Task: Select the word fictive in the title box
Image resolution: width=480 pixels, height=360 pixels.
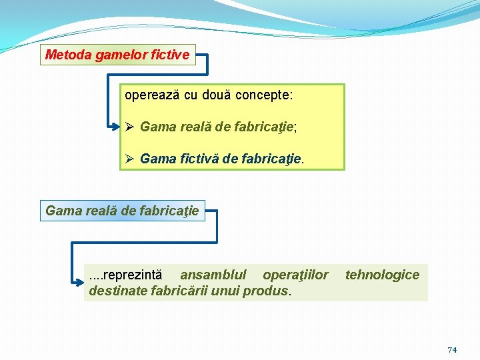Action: click(x=171, y=55)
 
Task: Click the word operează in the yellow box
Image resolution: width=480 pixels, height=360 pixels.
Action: click(x=152, y=95)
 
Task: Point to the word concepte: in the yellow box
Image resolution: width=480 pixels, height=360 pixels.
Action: click(x=264, y=95)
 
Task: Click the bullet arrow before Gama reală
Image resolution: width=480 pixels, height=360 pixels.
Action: click(x=131, y=126)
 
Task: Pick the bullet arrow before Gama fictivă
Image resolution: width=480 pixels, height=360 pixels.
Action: click(x=131, y=159)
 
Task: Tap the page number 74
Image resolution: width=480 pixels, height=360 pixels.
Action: click(x=452, y=350)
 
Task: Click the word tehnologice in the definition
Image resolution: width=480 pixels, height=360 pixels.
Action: click(x=382, y=275)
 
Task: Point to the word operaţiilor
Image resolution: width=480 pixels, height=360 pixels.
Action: click(x=295, y=275)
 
